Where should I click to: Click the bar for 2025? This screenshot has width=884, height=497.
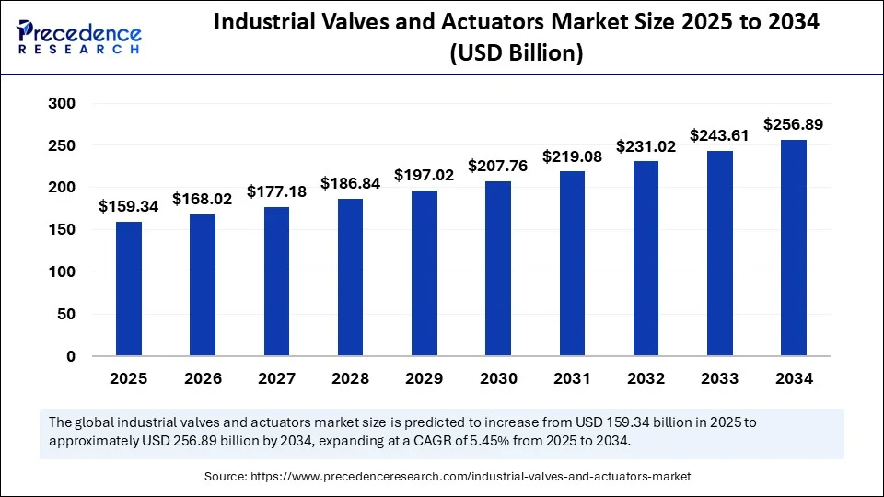(x=129, y=288)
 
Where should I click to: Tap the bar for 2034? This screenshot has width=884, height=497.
(x=794, y=248)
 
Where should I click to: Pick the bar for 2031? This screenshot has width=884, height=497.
(x=572, y=263)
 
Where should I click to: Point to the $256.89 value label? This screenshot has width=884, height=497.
(x=794, y=124)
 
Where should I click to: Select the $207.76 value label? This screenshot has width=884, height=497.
(x=498, y=167)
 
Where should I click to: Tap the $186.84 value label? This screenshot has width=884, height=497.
(x=350, y=183)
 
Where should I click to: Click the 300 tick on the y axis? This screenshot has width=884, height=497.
(x=62, y=104)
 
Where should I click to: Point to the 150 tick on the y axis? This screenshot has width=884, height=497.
(x=62, y=230)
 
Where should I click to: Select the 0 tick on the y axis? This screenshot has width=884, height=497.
(x=70, y=356)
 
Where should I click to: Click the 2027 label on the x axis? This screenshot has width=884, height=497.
(x=276, y=378)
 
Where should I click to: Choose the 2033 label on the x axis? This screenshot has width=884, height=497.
(x=720, y=378)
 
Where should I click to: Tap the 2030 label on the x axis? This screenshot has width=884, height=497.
(x=498, y=378)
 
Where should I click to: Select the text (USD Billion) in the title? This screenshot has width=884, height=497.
(x=516, y=54)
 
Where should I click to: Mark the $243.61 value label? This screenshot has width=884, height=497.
(x=720, y=135)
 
